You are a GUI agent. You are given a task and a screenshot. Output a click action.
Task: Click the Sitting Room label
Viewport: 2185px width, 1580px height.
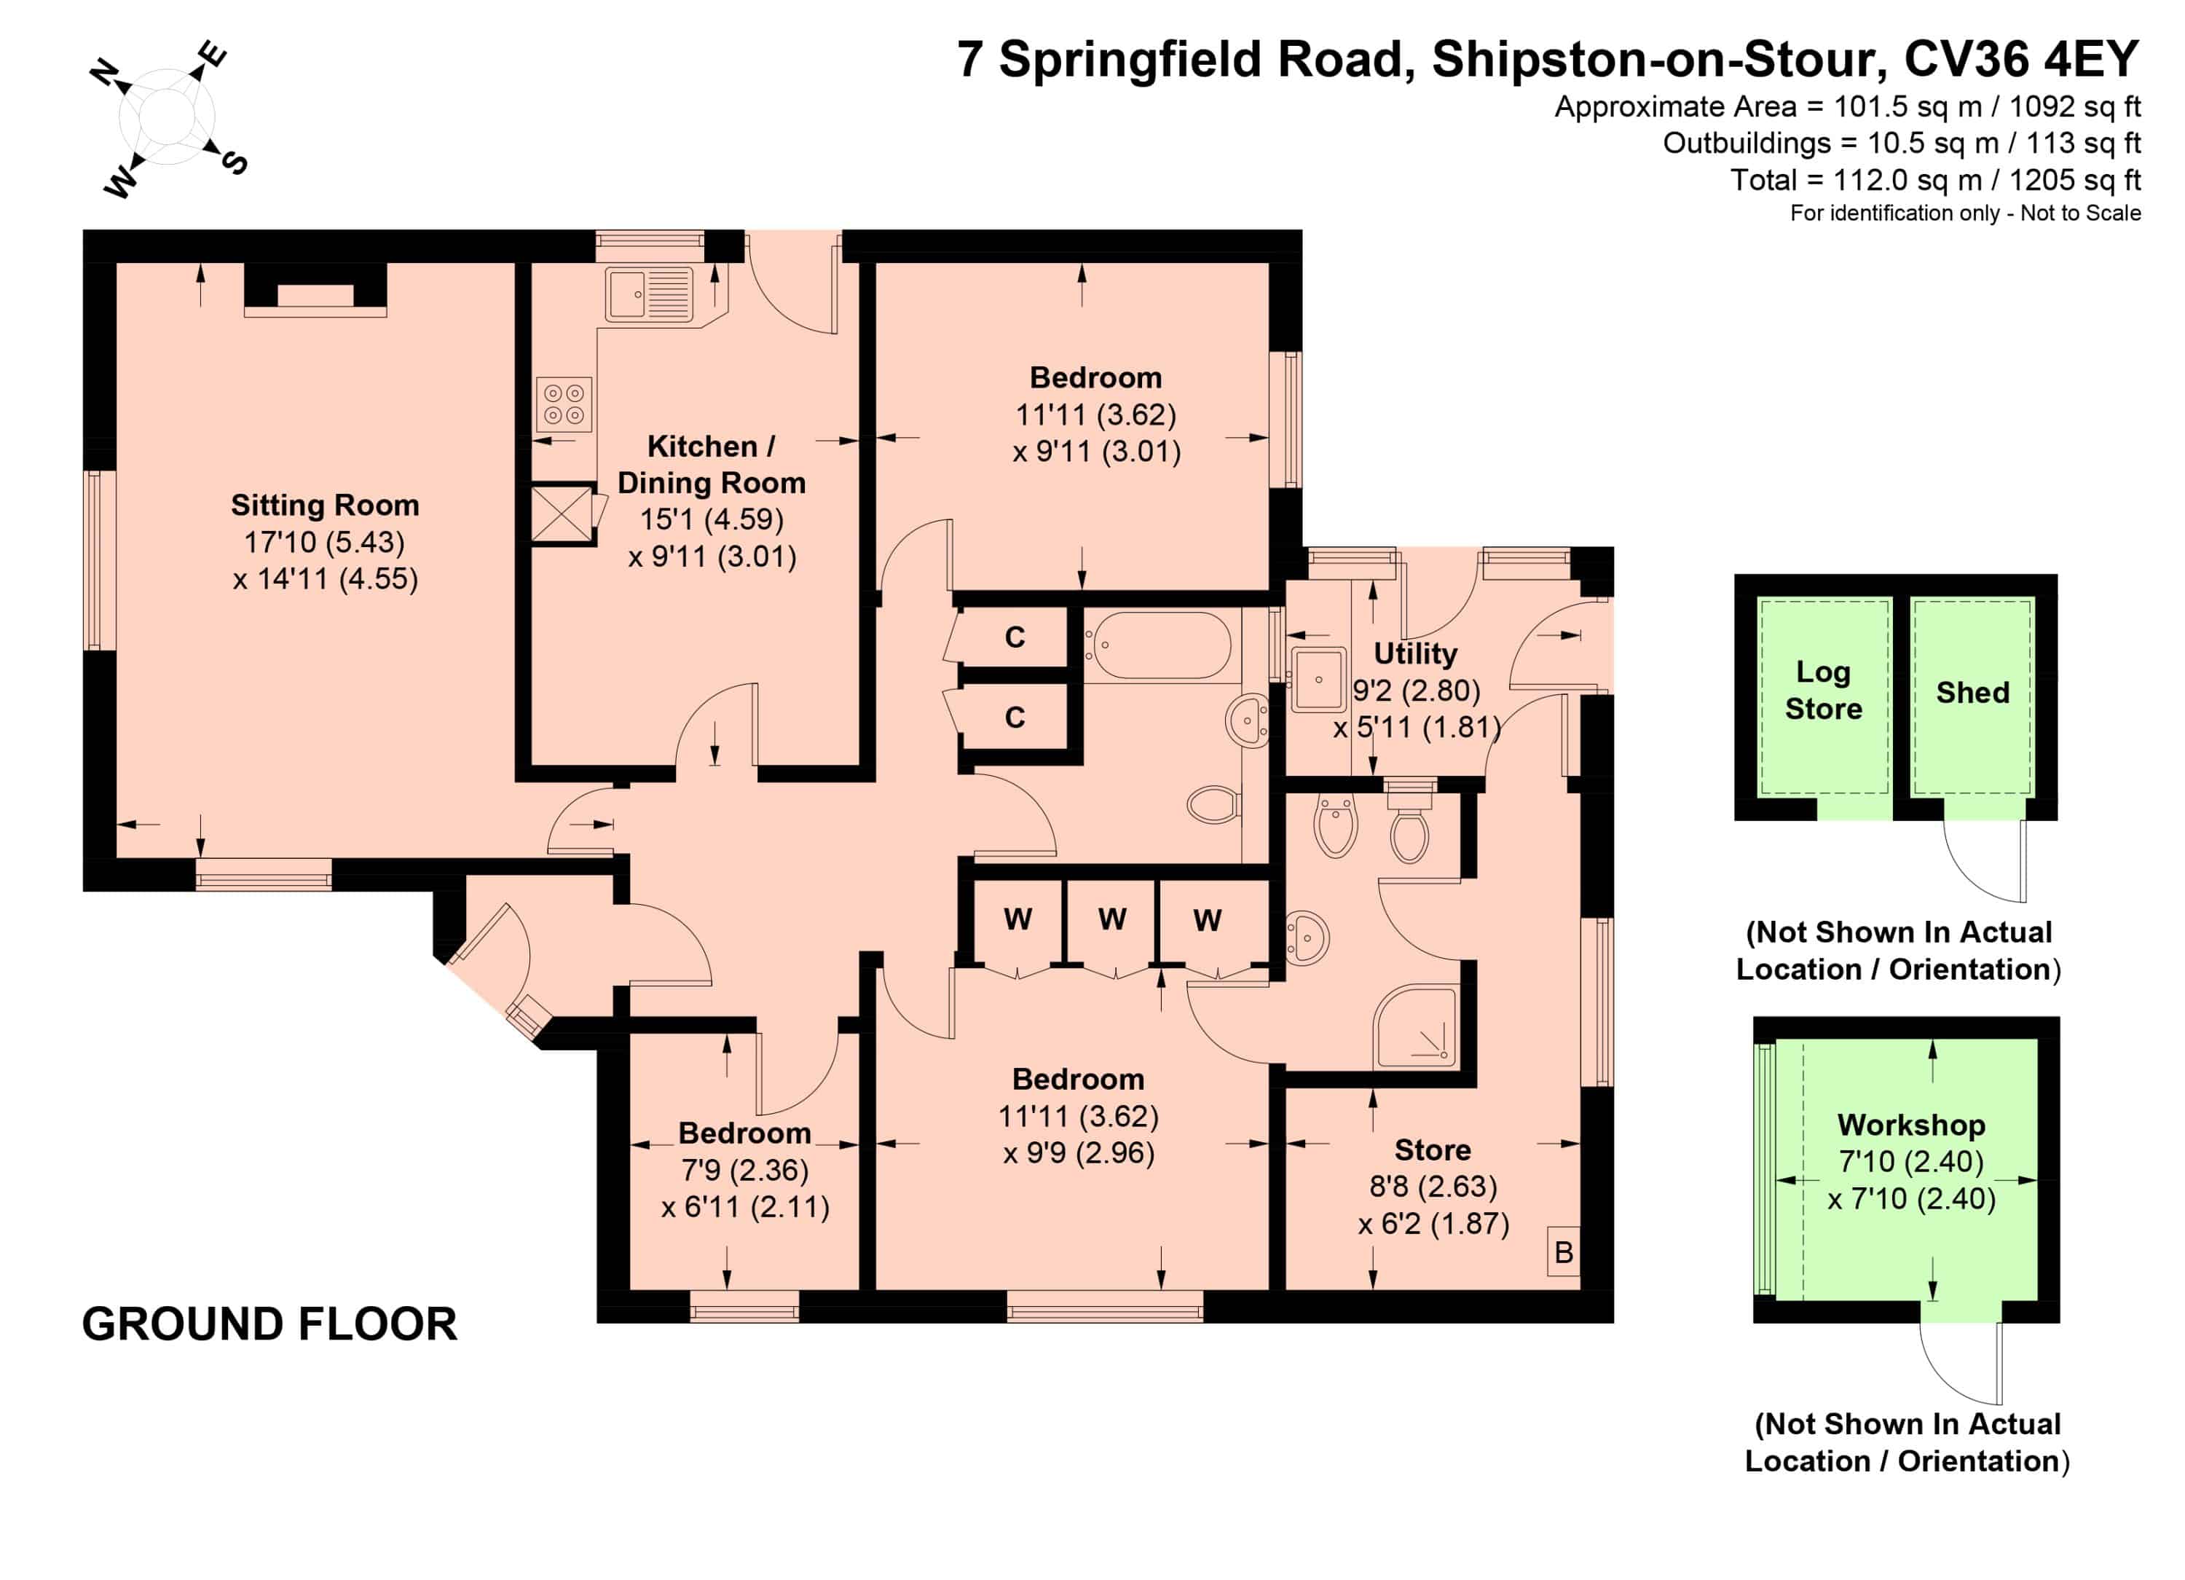point(325,505)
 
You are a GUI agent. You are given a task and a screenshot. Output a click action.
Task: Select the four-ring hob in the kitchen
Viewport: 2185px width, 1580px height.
point(564,404)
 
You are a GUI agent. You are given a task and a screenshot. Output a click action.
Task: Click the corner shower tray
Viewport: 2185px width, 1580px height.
point(1415,1027)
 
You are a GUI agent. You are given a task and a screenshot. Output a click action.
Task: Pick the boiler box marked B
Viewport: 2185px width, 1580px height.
point(1564,1252)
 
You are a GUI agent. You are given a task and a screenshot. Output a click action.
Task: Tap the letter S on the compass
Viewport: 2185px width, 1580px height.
point(234,162)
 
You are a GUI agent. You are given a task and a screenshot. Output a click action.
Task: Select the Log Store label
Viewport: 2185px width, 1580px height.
point(1823,691)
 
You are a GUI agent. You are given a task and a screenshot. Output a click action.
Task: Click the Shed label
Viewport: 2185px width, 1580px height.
point(1973,693)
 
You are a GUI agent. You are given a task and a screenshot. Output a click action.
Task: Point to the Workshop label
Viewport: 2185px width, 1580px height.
point(1911,1124)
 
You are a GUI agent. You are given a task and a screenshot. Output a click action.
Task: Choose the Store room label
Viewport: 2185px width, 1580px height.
point(1433,1149)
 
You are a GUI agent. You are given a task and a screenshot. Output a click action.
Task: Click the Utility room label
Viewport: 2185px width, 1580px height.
point(1415,653)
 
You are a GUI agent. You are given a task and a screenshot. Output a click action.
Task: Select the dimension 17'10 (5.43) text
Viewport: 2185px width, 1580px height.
point(325,543)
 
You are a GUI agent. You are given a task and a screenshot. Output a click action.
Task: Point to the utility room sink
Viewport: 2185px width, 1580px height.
point(1319,680)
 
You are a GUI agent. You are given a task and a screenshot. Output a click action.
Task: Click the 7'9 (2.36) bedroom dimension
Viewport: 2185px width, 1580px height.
point(744,1170)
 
